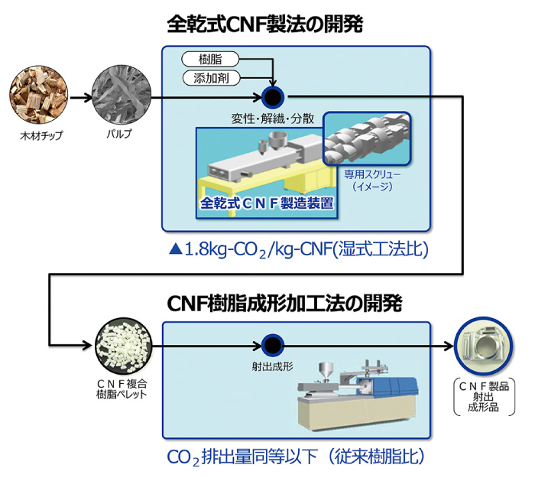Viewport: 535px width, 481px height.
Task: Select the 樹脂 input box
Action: pos(212,59)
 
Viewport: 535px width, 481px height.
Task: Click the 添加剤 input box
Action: pos(212,77)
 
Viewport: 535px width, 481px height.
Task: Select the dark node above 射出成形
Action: pos(272,346)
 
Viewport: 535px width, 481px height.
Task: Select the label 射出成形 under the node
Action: pos(271,367)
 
